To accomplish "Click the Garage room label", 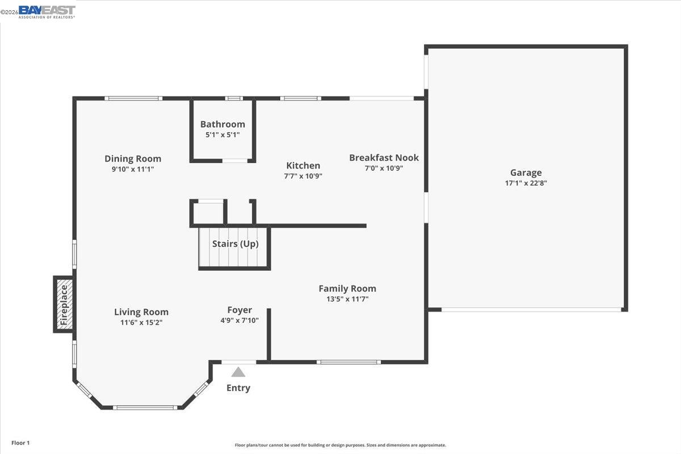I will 526,173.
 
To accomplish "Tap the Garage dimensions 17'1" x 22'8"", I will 526,183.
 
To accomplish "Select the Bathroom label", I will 222,124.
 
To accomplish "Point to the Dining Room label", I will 133,159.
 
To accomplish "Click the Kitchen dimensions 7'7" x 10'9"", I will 303,176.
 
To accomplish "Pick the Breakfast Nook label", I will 384,157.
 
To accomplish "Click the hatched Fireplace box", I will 64,304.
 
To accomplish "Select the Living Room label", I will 141,312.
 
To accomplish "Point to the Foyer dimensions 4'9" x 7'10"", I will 239,320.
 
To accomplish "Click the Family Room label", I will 347,288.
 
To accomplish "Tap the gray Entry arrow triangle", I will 238,372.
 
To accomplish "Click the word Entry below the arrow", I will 238,388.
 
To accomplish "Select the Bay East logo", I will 46,11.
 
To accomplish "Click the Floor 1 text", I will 20,443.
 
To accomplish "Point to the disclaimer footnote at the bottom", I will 340,445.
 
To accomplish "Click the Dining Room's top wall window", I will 133,98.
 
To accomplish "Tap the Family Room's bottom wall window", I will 348,361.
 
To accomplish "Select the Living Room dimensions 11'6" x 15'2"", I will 141,322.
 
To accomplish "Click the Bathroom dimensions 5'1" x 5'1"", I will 222,135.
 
